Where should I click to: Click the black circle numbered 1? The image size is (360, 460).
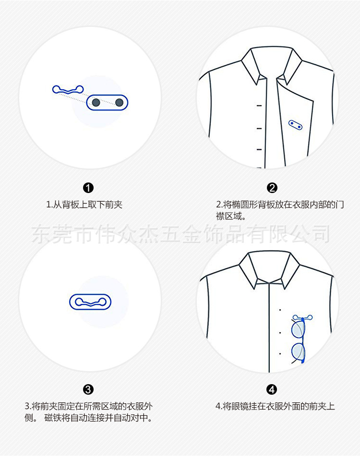[89, 188]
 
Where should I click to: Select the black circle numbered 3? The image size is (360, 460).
[89, 389]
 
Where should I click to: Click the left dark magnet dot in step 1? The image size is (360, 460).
[96, 102]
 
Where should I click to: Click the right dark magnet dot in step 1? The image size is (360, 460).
[119, 102]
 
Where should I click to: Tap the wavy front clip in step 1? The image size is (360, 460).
[68, 89]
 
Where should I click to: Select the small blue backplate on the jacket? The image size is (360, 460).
[295, 124]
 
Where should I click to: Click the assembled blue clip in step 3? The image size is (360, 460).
[91, 302]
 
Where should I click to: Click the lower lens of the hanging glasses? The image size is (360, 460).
[298, 352]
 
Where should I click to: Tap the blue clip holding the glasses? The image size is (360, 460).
[302, 317]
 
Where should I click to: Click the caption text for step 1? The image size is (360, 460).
[84, 205]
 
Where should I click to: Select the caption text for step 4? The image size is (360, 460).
[275, 406]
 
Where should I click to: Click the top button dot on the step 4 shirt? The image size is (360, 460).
[280, 310]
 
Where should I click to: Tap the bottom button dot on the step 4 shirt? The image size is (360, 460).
[280, 354]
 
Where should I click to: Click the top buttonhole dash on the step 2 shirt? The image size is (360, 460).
[259, 105]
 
